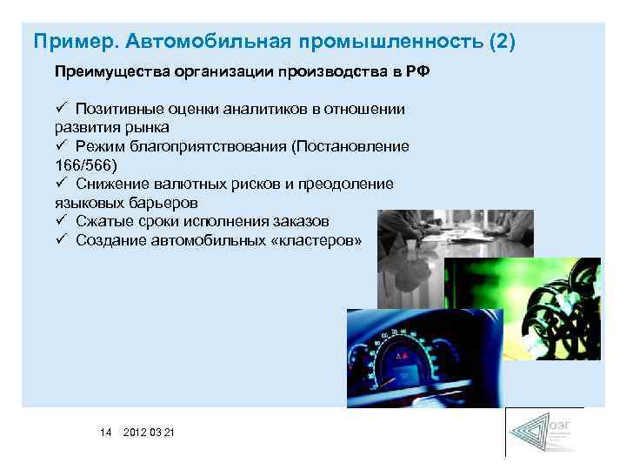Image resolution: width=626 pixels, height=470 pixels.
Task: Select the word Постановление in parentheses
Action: [356, 146]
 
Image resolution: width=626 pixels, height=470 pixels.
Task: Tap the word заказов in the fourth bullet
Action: [299, 221]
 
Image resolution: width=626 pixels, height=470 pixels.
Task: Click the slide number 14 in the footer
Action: [106, 433]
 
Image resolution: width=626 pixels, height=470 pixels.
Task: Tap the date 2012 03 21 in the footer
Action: [149, 433]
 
